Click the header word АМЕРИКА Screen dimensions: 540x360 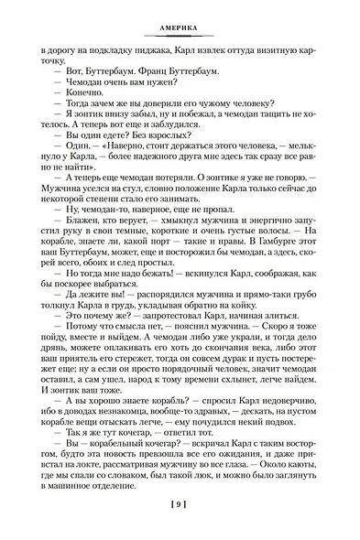[180, 29]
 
